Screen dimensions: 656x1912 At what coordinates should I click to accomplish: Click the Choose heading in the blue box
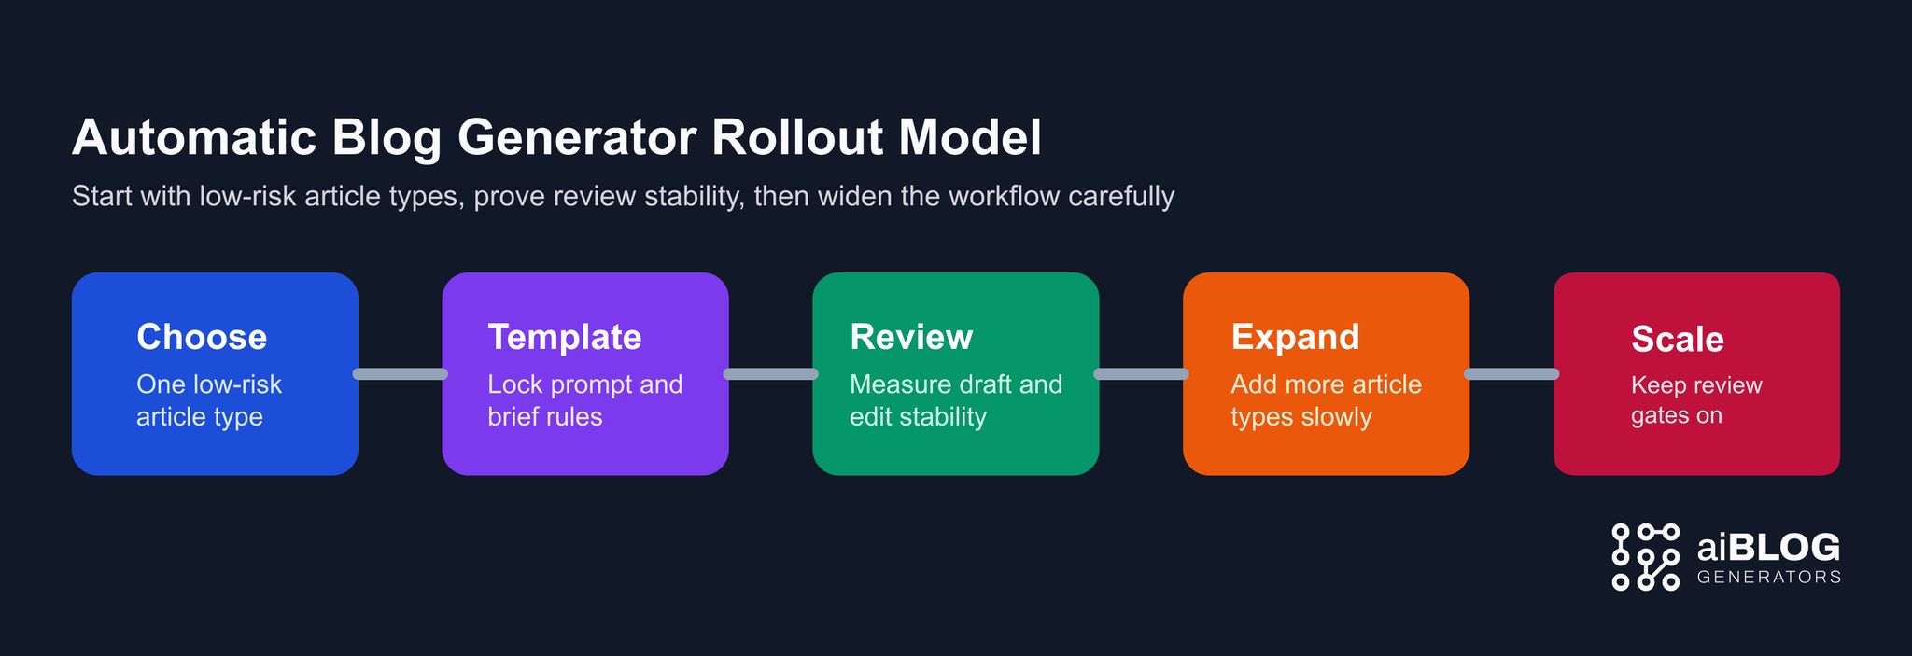[202, 337]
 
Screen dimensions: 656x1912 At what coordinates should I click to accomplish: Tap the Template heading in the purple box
[564, 337]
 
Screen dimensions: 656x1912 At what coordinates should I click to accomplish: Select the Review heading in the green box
[911, 337]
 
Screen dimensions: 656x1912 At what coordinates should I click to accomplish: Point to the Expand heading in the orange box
[1295, 337]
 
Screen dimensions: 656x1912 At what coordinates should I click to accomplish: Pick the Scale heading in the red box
[1677, 340]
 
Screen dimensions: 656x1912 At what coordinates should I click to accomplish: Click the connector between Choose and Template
[401, 374]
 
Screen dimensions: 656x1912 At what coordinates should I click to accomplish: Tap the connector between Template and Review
[770, 374]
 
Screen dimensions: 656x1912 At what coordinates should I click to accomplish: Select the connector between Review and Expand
[1141, 374]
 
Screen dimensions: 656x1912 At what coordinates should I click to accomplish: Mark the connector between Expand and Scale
[1511, 374]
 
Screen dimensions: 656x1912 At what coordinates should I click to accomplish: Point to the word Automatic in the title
[194, 138]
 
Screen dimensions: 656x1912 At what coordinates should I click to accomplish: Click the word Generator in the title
[576, 138]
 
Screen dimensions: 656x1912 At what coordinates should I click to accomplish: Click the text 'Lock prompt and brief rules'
[584, 400]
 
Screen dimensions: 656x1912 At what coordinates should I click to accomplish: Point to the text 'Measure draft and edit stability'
[955, 400]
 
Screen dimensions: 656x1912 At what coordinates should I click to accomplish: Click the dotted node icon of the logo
[1645, 557]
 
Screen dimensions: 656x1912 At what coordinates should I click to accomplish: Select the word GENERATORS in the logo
[1768, 578]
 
